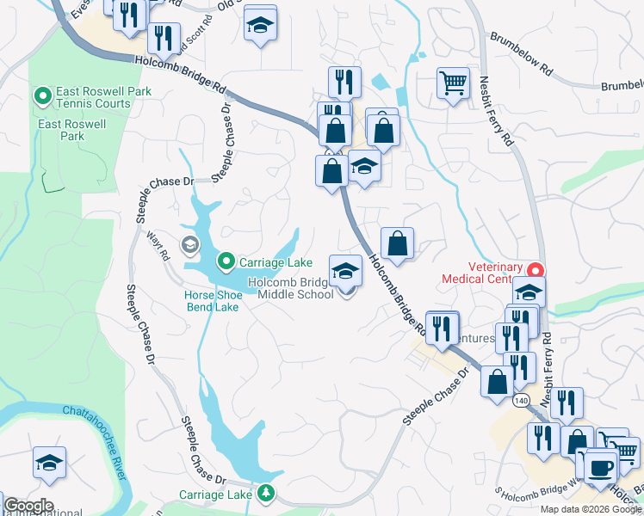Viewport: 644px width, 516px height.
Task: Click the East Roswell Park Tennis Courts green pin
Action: pyautogui.click(x=41, y=93)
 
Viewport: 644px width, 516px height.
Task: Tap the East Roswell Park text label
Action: pyautogui.click(x=72, y=130)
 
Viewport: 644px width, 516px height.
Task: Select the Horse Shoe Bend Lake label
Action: pyautogui.click(x=212, y=301)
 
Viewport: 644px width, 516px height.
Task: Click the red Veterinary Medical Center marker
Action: pyautogui.click(x=536, y=270)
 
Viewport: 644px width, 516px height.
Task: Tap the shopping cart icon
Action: pyautogui.click(x=452, y=83)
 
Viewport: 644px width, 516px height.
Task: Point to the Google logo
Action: pyautogui.click(x=28, y=505)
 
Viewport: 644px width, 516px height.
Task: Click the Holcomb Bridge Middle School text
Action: pyautogui.click(x=291, y=289)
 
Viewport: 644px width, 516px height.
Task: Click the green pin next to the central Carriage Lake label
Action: pyautogui.click(x=226, y=260)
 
